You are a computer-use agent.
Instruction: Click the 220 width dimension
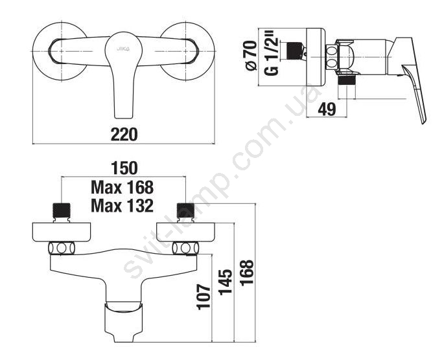pos(124,134)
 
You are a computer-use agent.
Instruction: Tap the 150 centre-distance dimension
pos(124,168)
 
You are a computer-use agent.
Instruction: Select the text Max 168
pos(123,187)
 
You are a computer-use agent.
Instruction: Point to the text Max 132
pos(123,206)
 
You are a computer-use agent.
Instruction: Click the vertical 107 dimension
pos(204,297)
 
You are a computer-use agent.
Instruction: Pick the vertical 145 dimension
pos(226,282)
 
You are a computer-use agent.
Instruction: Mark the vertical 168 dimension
pos(247,273)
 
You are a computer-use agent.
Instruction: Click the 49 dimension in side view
pos(327,109)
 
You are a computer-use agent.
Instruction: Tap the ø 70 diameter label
pos(251,56)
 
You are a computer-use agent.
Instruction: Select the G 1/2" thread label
pos(271,55)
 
